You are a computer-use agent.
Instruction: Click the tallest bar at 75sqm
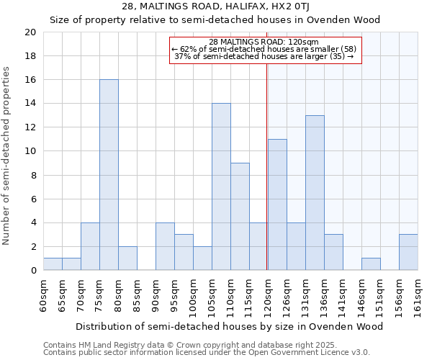click(x=109, y=175)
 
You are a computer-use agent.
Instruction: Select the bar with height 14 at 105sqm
click(x=221, y=186)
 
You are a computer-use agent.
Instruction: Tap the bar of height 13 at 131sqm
click(x=315, y=193)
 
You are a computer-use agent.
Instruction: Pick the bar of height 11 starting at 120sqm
click(x=277, y=204)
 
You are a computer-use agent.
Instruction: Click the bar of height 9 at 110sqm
click(x=240, y=217)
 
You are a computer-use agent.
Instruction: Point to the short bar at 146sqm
click(x=371, y=264)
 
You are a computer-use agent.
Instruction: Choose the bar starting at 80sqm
click(x=127, y=258)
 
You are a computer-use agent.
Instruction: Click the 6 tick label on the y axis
click(x=32, y=199)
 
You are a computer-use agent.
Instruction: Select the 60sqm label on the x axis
click(x=43, y=295)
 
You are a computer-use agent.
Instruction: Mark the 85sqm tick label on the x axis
click(x=137, y=295)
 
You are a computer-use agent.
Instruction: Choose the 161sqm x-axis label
click(x=418, y=295)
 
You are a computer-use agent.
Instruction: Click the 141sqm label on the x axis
click(x=343, y=295)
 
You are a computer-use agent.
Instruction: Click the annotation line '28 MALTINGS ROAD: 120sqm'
click(x=264, y=42)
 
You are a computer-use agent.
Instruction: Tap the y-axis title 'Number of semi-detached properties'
click(x=7, y=156)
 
